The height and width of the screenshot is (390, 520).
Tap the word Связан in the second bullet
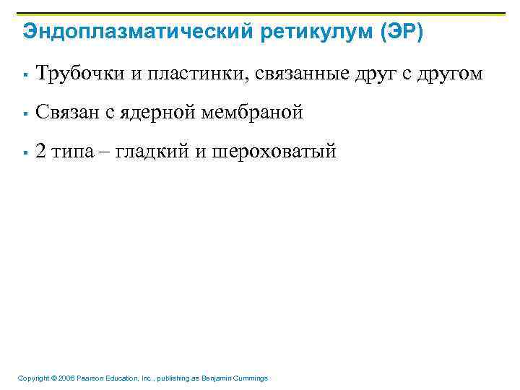[67, 113]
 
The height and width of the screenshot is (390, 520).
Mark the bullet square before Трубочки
[25, 74]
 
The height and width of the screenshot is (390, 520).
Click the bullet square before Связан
[25, 113]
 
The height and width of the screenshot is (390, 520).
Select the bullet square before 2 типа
[25, 152]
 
